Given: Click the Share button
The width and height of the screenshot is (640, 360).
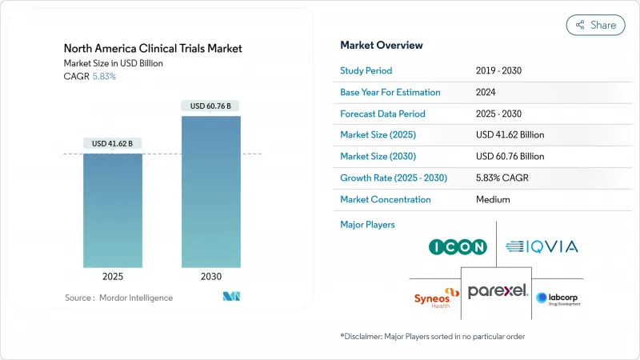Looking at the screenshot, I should pos(595,25).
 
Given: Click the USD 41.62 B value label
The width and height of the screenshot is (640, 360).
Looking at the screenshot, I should pos(113,143).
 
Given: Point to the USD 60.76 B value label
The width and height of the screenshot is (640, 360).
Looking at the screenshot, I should pos(210,106).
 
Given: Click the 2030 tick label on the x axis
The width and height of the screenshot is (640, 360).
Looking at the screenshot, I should pos(210,276).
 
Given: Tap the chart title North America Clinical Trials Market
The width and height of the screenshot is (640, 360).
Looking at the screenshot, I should pos(153,49).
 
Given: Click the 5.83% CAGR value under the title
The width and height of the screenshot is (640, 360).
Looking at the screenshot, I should pos(104,76).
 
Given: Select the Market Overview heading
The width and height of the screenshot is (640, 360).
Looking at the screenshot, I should pos(382,46).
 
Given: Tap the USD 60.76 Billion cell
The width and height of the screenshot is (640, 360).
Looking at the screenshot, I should pos(510,156).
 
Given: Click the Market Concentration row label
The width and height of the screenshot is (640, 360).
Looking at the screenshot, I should pos(386,199).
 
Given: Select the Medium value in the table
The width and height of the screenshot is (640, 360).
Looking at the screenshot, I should pos(492,199).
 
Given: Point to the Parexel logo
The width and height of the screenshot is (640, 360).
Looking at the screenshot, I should pos(498,291).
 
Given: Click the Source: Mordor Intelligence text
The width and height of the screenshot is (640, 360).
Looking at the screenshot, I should pos(118,298).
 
